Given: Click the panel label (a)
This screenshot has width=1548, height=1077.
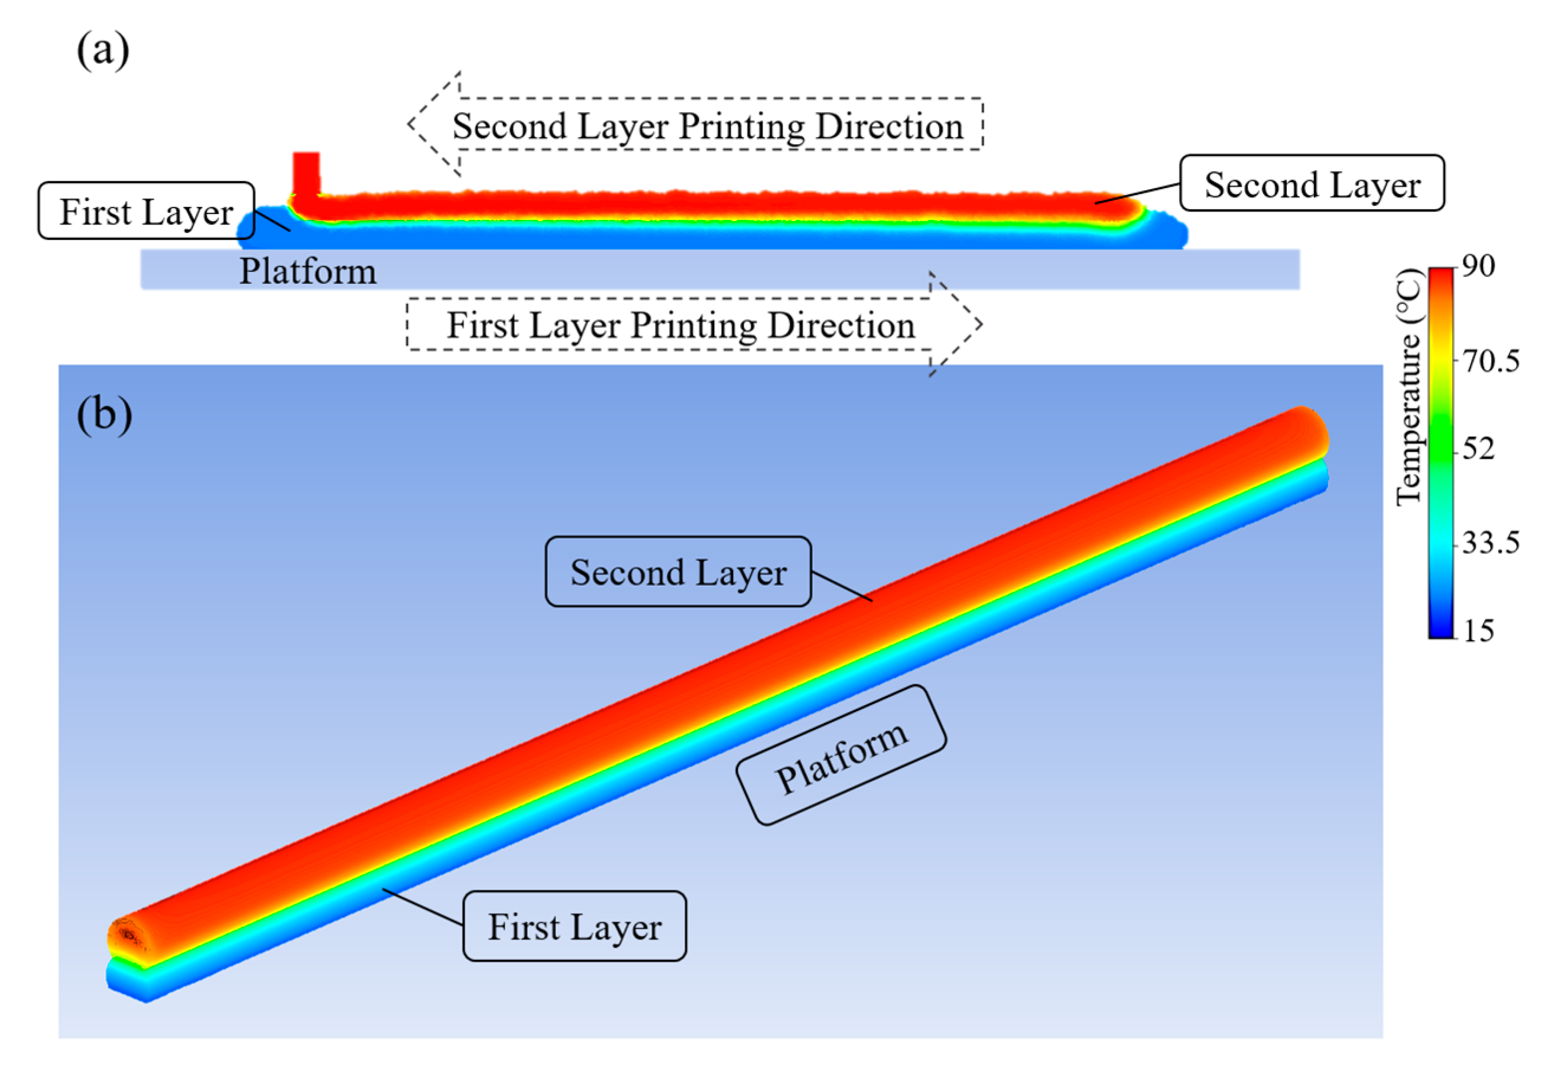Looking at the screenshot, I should (102, 51).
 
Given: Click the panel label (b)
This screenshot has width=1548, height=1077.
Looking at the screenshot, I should (104, 414).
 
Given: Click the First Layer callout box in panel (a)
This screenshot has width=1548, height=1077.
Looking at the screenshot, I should (147, 211).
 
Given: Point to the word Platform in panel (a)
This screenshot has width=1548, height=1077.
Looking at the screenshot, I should (308, 271).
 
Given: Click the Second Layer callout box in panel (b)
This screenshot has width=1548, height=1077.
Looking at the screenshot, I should (679, 572).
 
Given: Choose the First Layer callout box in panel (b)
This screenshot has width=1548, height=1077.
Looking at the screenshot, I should (575, 926).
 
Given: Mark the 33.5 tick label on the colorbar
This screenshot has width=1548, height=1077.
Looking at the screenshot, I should (1491, 541).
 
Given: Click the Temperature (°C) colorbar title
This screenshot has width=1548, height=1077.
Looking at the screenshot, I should (1408, 387).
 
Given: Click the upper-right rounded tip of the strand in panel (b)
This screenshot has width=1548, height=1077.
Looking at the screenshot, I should (1308, 432).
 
